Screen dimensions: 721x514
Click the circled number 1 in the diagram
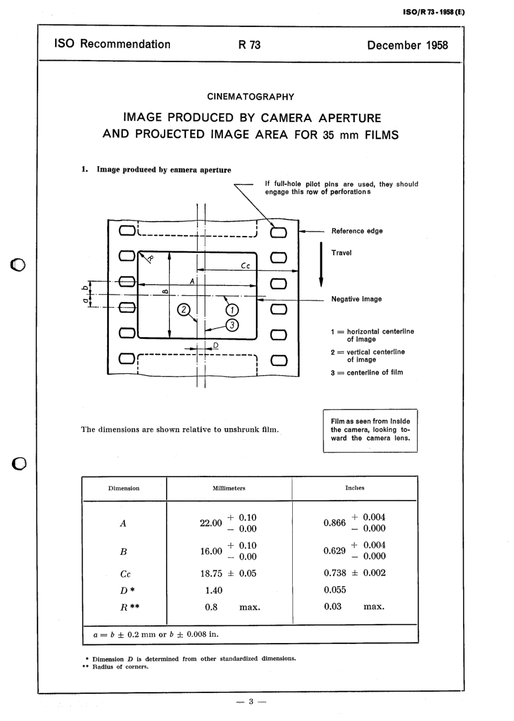[232, 310]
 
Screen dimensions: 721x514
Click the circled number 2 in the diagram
[184, 310]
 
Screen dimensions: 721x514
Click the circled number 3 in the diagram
[232, 325]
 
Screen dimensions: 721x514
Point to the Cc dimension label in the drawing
[245, 265]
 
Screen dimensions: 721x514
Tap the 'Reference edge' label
[357, 231]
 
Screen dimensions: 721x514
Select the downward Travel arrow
[321, 265]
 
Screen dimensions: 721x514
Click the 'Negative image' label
[356, 299]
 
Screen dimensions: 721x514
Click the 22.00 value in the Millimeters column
[211, 523]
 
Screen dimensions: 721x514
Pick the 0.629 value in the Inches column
[334, 550]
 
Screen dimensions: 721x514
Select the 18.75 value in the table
[211, 573]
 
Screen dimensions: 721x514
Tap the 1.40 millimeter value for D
[214, 590]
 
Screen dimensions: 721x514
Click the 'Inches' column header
[354, 488]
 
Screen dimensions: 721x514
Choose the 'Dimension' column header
[123, 488]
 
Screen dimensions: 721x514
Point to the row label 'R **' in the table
[129, 607]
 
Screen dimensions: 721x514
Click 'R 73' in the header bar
[249, 45]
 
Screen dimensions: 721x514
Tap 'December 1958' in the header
[407, 45]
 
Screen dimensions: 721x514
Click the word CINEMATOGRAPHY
[251, 97]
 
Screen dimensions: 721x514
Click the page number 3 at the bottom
[251, 702]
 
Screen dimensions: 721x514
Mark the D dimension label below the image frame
[216, 345]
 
